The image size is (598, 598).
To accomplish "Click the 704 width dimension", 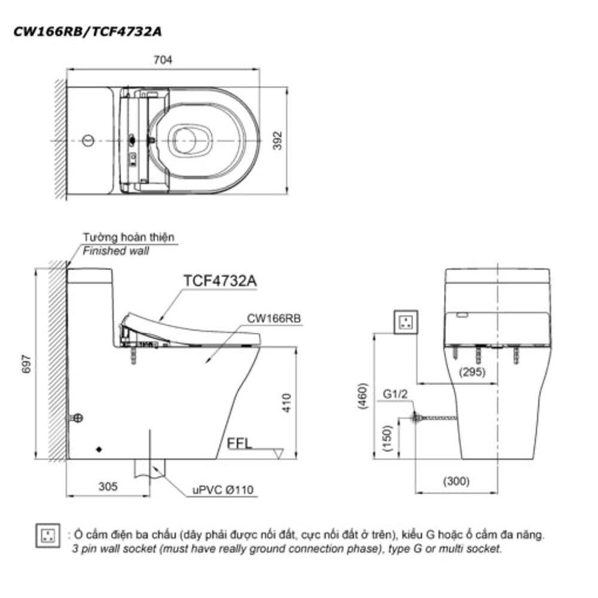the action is [x=163, y=60].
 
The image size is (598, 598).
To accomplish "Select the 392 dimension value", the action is [x=278, y=141].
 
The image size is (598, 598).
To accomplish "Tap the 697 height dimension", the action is [x=26, y=364].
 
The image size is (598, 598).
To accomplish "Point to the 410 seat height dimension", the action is [x=287, y=402].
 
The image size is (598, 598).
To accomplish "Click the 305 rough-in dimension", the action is [x=108, y=486].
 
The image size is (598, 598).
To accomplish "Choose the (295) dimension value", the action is [x=472, y=371].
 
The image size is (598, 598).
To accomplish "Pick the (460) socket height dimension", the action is [x=364, y=396].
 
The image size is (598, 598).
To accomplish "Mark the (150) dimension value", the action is [x=387, y=438].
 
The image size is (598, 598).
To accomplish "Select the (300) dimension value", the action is [x=456, y=481].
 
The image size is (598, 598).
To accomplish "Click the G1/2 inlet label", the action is [x=395, y=394].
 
